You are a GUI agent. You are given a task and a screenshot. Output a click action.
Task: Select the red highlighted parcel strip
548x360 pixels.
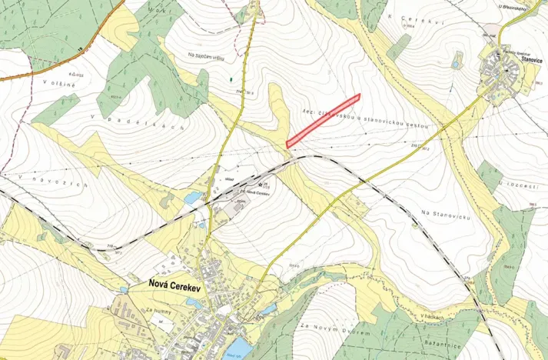coord(323,120)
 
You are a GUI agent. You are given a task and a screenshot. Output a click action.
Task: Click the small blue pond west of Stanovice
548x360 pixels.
coord(456,65)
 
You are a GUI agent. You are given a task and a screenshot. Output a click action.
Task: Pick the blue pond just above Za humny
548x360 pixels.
coord(123,290)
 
